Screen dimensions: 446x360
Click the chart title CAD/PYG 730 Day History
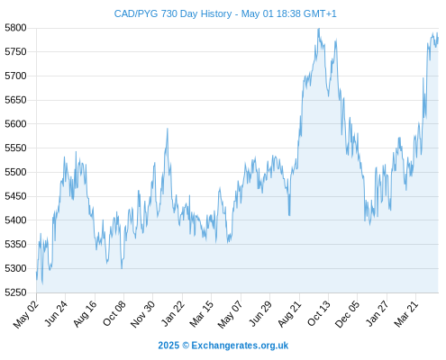[173, 13]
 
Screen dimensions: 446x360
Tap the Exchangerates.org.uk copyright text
[223, 346]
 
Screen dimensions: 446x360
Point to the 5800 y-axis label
[15, 28]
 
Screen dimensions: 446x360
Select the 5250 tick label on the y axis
[15, 292]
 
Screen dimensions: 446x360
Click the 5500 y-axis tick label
[15, 172]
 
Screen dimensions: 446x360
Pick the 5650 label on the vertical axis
[15, 100]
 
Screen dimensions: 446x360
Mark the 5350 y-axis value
[15, 244]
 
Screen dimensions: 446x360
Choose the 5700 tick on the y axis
[15, 76]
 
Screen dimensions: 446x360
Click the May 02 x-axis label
[26, 314]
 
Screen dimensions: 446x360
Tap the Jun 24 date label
[56, 313]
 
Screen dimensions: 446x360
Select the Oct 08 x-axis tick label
[114, 313]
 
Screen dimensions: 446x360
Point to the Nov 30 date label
[142, 314]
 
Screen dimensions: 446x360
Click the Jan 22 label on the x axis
[173, 313]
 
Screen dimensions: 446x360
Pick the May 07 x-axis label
[230, 314]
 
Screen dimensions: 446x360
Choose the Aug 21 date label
[290, 313]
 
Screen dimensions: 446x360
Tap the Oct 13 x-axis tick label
[319, 313]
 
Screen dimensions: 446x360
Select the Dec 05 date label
[347, 314]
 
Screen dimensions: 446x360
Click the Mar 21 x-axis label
[406, 313]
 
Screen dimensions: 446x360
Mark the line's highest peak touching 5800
[319, 29]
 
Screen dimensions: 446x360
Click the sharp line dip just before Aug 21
[289, 215]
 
